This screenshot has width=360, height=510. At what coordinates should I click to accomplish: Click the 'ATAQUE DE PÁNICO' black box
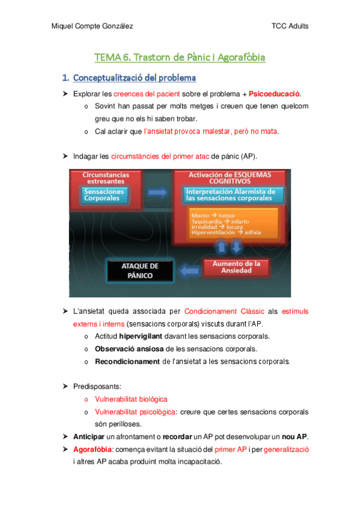click(x=140, y=271)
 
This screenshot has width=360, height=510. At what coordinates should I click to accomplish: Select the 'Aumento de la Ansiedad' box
click(x=243, y=268)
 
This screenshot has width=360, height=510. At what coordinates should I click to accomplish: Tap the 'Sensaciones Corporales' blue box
click(x=104, y=194)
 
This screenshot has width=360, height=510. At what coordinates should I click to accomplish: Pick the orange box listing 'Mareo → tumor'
click(x=233, y=223)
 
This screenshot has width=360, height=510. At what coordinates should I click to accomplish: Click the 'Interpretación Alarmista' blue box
click(x=230, y=194)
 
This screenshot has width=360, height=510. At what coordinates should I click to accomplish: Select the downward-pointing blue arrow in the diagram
click(x=239, y=247)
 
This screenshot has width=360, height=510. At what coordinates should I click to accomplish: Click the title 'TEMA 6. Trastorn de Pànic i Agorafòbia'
click(x=180, y=58)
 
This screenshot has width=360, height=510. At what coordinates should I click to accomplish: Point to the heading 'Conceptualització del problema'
click(x=134, y=78)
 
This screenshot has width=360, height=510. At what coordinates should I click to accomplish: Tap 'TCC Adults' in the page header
click(x=290, y=26)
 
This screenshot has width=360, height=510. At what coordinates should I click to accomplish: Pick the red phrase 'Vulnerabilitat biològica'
click(x=131, y=399)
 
